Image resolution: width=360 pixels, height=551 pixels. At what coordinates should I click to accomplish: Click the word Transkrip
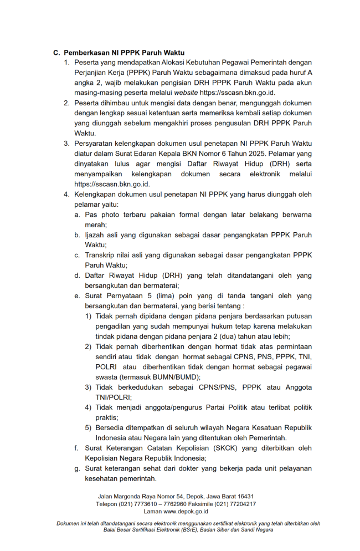tap(100, 255)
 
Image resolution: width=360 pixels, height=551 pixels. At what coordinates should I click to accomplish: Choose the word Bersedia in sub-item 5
tap(110, 428)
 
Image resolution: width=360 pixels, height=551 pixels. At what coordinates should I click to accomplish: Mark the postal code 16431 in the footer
tap(244, 496)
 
